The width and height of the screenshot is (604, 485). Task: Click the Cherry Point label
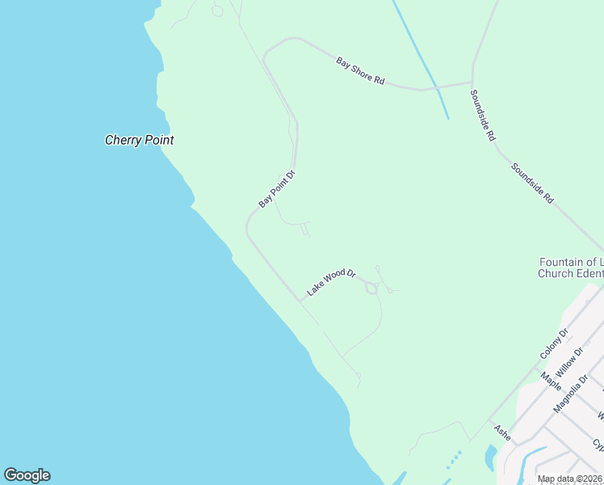139,140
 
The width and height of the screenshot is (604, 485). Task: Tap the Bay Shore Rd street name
360,70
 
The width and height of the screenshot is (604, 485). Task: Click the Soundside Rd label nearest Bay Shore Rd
482,116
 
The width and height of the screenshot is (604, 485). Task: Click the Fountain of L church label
571,262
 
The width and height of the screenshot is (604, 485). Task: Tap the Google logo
27,475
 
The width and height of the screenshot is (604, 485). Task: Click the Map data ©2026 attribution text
570,479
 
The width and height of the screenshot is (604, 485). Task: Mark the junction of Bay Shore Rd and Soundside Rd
472,82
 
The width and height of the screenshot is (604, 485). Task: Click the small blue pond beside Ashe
489,458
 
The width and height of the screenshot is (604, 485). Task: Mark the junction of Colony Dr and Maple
536,366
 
